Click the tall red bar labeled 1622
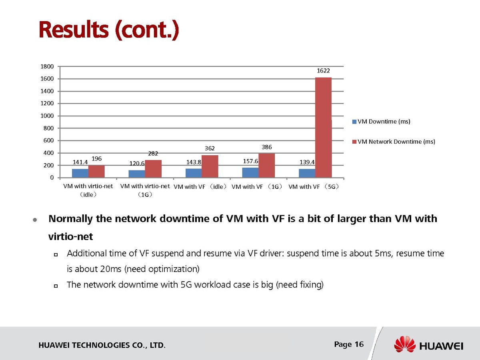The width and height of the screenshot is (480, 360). tap(323, 128)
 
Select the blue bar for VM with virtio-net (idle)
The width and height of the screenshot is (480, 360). tap(80, 173)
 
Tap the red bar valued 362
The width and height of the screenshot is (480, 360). tap(210, 166)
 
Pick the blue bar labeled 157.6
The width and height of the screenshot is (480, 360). tap(250, 173)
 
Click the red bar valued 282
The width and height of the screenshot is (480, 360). tap(153, 169)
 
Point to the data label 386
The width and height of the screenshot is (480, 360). tap(267, 147)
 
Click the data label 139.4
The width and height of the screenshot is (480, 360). tap(307, 162)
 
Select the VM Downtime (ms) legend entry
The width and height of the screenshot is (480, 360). tap(381, 122)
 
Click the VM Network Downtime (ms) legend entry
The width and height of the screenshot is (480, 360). tap(394, 142)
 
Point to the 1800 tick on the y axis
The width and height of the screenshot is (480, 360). tap(47, 66)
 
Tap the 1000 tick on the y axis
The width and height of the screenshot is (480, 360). tap(47, 116)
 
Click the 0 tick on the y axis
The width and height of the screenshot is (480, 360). tap(52, 178)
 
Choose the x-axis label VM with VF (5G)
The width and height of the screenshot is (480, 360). tap(314, 187)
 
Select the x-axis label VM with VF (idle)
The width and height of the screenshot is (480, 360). tap(200, 187)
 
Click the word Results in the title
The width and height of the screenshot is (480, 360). tap(74, 30)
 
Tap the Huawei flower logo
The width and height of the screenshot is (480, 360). tap(405, 344)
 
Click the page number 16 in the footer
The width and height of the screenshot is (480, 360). tap(359, 344)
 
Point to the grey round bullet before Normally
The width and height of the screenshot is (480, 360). tap(35, 220)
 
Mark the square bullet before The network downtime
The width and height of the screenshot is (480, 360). tap(56, 286)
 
